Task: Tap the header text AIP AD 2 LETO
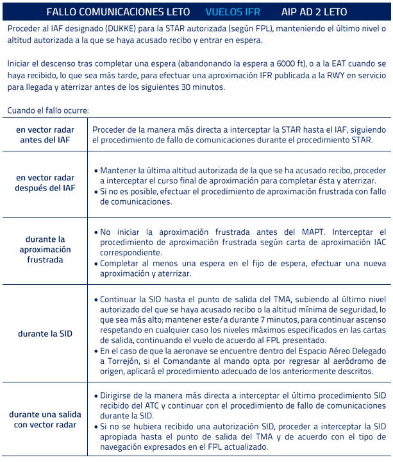point(314,12)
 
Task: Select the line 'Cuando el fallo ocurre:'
point(48,110)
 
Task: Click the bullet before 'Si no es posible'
point(96,192)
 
